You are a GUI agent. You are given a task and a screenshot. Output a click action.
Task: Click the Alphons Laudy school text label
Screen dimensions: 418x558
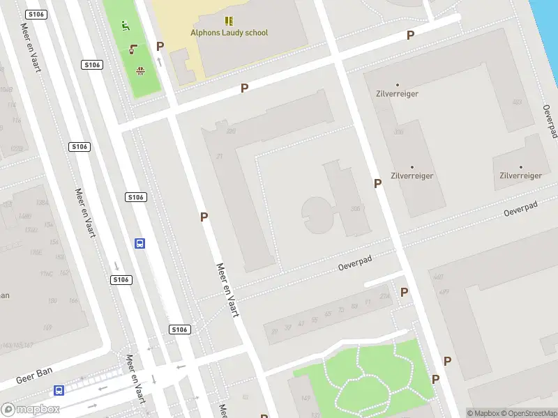pos(229,33)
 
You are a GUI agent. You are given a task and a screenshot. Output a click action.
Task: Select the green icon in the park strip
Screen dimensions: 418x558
pos(126,26)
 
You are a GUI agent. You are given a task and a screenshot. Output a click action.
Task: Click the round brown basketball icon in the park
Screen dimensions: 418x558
pos(140,70)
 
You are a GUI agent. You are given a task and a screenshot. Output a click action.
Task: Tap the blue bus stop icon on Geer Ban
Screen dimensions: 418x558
pos(59,391)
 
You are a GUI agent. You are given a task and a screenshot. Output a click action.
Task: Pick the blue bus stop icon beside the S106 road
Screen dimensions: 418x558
pos(139,243)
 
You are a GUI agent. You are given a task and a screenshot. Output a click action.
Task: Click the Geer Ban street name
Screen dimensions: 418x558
pos(35,377)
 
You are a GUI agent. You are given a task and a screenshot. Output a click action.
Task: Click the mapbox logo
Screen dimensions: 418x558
pos(31,410)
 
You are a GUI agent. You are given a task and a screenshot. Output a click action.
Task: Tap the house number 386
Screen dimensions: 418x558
pos(356,209)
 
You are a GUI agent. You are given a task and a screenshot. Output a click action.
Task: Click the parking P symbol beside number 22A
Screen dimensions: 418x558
pos(404,293)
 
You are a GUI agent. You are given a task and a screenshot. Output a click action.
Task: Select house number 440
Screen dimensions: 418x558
pos(438,277)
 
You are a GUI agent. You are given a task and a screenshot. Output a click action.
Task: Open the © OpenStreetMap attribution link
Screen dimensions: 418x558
pos(528,413)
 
